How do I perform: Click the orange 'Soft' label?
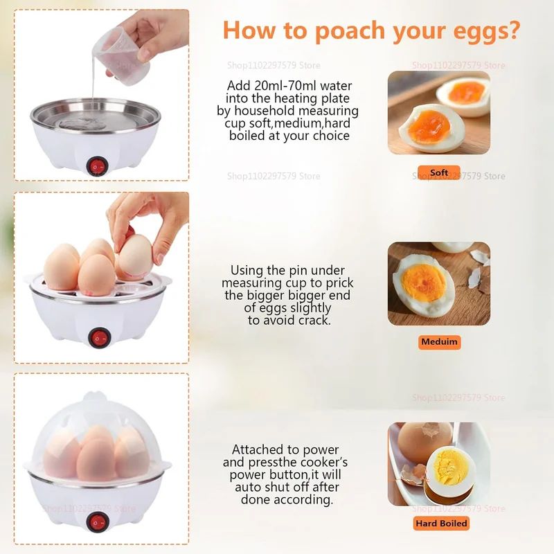point(439,172)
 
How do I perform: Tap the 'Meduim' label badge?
point(440,341)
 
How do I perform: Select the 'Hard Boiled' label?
point(440,524)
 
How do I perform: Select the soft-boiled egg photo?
point(439,112)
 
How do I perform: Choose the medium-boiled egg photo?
point(439,283)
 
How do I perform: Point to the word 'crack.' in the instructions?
point(311,320)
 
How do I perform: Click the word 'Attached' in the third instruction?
point(260,450)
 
